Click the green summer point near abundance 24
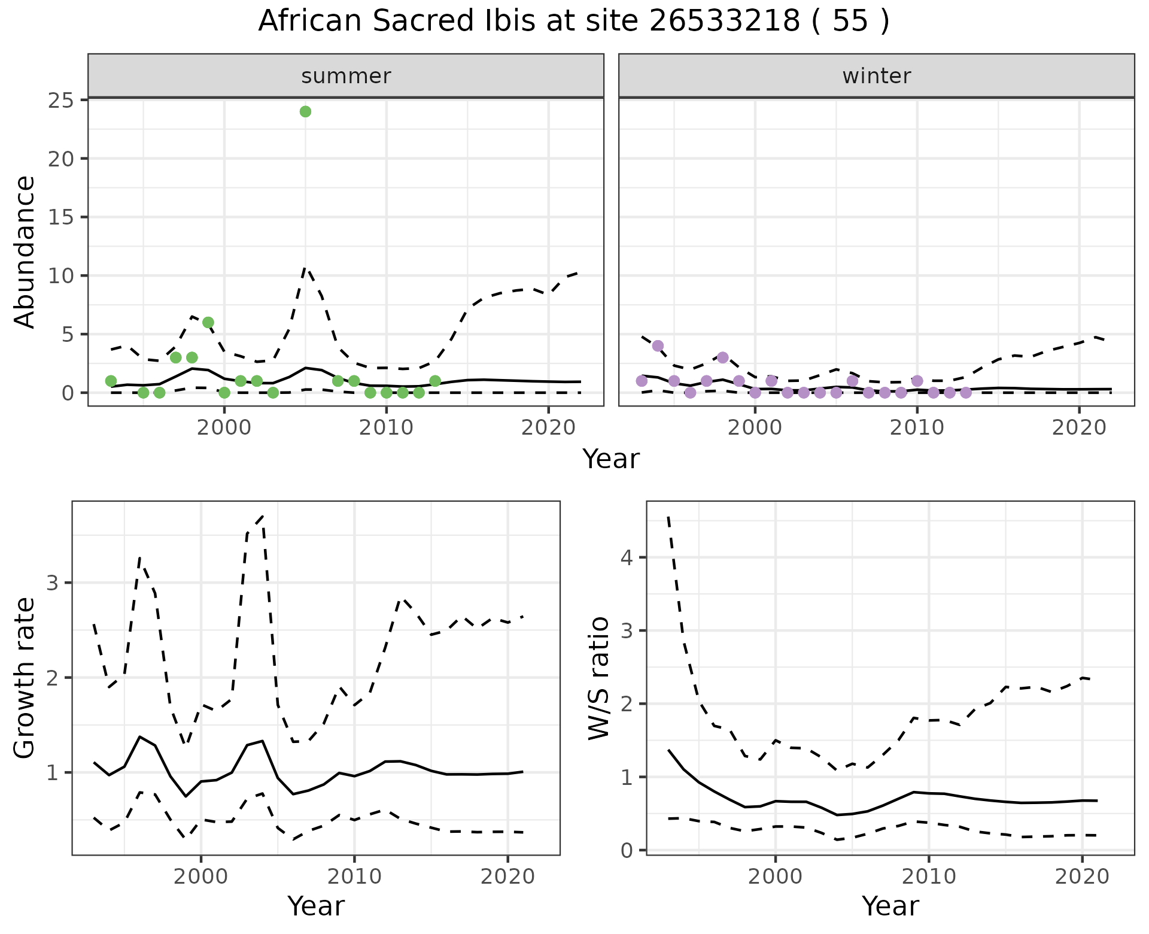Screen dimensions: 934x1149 tap(305, 111)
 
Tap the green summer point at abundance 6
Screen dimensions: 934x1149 tap(208, 322)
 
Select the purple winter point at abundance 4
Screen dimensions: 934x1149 tap(658, 345)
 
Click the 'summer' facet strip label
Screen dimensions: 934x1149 tap(346, 76)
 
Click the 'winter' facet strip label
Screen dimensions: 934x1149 tap(876, 76)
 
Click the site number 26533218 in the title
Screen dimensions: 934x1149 tap(724, 22)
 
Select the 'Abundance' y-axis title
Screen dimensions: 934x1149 tap(25, 251)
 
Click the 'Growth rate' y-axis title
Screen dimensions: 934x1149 tap(25, 678)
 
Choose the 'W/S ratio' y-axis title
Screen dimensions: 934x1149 tap(598, 678)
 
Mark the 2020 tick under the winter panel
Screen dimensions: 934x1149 tap(1079, 427)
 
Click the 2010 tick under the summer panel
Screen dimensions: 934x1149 tap(386, 427)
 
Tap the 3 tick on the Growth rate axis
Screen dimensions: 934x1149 tap(52, 583)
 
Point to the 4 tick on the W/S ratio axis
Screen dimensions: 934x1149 tap(627, 557)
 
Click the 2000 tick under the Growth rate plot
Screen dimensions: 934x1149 tap(201, 877)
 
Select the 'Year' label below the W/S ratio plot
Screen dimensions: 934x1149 tap(890, 906)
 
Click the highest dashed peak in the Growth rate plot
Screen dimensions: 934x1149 tap(263, 516)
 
